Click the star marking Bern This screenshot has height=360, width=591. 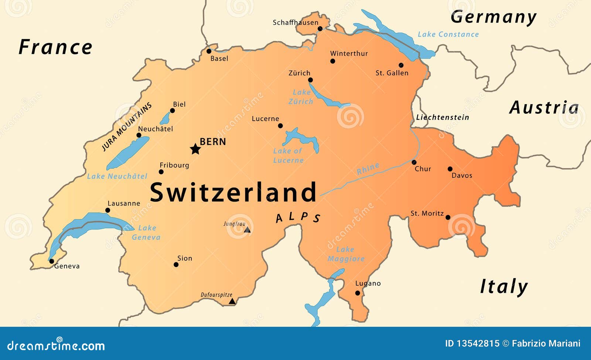click(195, 149)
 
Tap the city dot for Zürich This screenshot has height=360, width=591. click(310, 80)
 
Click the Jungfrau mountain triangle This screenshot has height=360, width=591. click(247, 230)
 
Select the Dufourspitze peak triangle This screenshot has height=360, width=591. click(232, 301)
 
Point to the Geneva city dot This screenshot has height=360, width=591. click(52, 261)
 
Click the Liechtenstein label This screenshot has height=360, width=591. click(442, 117)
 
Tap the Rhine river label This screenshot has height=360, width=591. click(368, 169)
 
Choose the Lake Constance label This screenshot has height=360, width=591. click(448, 34)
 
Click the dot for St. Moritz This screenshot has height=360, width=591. click(448, 217)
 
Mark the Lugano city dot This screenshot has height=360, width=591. click(358, 293)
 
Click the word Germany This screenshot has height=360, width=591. click(493, 17)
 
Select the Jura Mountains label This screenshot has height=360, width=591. click(127, 127)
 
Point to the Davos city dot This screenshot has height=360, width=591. click(450, 169)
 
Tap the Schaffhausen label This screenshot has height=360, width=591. click(295, 23)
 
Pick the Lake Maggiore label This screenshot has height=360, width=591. click(345, 254)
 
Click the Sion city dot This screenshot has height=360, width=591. click(176, 264)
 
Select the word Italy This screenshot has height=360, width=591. click(504, 287)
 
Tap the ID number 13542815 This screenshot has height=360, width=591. click(478, 343)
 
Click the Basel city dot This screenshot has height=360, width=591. click(209, 51)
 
